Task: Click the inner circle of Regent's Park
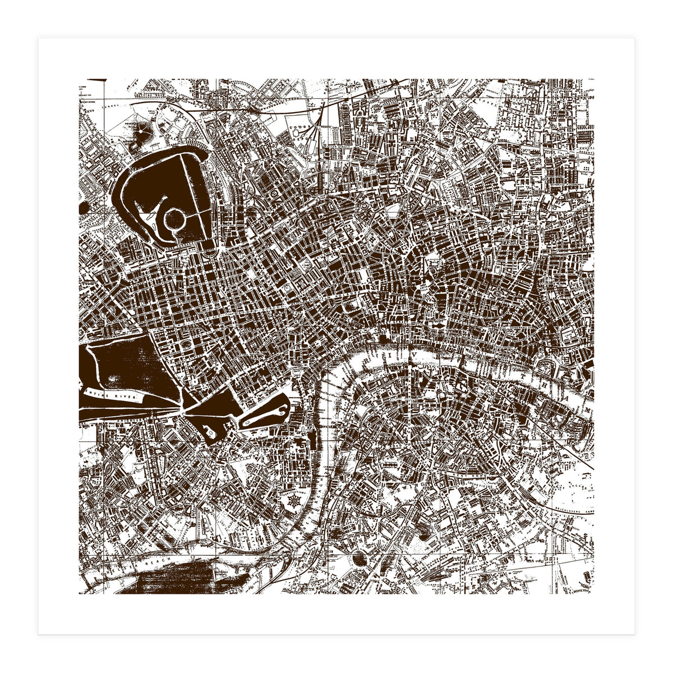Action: pyautogui.click(x=175, y=218)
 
